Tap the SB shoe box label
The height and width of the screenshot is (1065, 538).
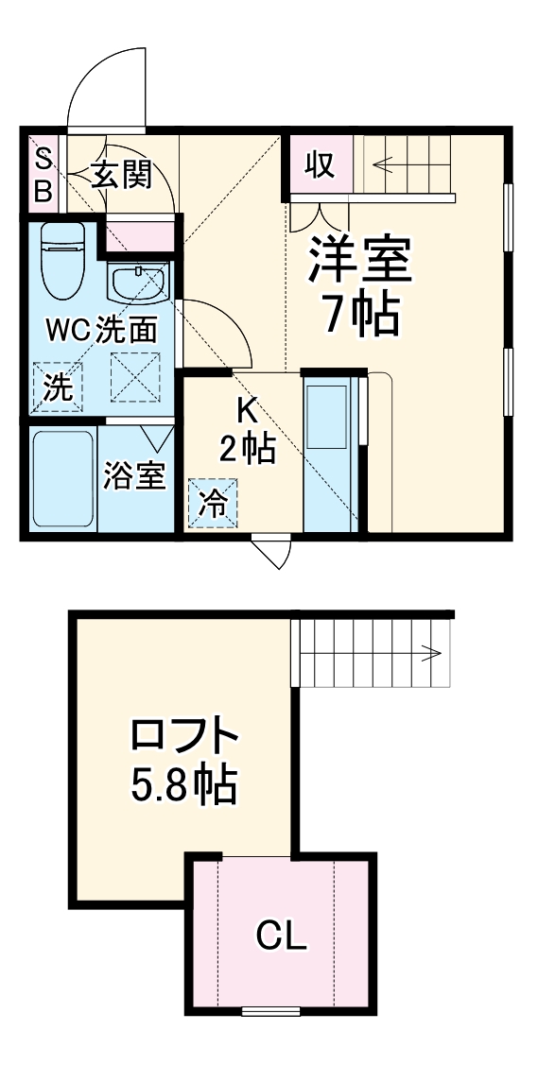tap(43, 177)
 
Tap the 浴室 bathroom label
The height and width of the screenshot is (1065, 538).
tap(135, 475)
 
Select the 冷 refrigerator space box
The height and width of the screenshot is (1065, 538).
tap(214, 502)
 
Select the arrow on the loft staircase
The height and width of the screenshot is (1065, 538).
tap(431, 652)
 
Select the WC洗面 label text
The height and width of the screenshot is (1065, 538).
tap(101, 330)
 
